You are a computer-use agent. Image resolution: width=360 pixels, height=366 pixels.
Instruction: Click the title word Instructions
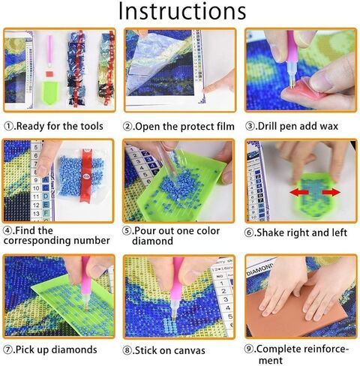pyautogui.click(x=180, y=12)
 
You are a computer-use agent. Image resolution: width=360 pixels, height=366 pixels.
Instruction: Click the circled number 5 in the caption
pyautogui.click(x=129, y=231)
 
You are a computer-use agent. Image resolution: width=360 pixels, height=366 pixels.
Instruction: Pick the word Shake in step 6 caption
pyautogui.click(x=273, y=232)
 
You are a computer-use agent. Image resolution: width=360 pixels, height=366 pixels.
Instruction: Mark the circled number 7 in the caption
pyautogui.click(x=8, y=349)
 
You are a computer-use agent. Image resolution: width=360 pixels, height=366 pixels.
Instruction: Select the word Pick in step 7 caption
pyautogui.click(x=26, y=349)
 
